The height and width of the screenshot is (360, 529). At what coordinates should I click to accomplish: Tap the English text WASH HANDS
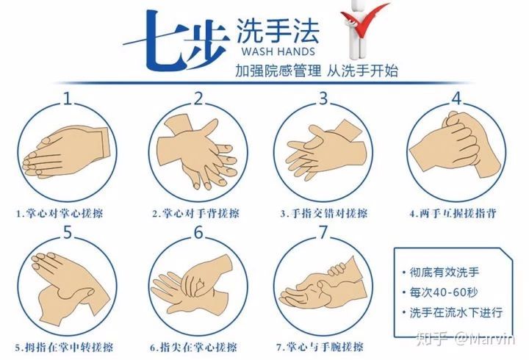coord(278,51)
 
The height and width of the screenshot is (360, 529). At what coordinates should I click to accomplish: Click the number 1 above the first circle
coord(68,98)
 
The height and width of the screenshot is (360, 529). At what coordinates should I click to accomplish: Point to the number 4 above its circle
coord(456,98)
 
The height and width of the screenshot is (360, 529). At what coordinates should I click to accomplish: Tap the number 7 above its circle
coord(323,232)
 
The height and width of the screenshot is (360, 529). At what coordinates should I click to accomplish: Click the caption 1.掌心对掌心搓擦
coord(60,213)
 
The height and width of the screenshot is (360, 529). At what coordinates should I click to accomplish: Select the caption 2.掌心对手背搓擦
coord(195,213)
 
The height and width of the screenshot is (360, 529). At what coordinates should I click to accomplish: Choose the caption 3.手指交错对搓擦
coord(324,213)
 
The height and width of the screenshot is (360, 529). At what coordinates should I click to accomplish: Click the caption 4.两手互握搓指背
coord(453,213)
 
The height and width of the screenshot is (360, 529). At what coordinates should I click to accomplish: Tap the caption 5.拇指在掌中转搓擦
coord(64,348)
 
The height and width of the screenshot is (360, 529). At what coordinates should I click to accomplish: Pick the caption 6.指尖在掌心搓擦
coord(194,348)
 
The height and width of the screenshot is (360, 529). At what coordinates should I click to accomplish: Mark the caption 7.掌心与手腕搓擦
coord(320,347)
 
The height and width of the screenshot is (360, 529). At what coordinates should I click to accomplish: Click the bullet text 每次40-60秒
coord(443,292)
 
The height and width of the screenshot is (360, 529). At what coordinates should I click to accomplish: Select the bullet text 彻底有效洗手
coord(444,272)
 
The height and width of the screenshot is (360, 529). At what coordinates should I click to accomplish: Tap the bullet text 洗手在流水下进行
coord(456,312)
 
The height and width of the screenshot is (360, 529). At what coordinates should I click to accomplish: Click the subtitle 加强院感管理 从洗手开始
coord(317,71)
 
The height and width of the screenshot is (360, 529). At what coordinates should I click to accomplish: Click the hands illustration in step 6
coord(192,284)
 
